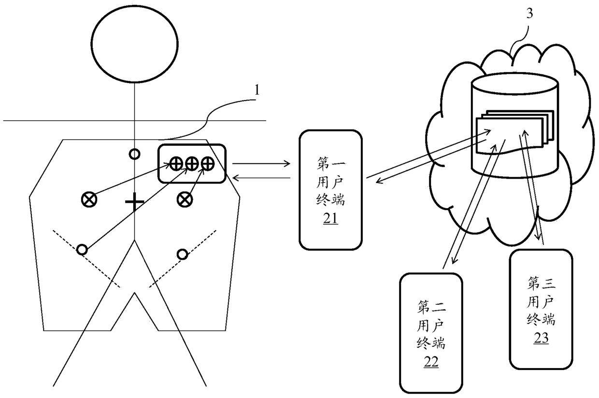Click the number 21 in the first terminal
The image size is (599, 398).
(x=330, y=219)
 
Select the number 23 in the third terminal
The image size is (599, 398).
(x=541, y=338)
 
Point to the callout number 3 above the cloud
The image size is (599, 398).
(x=529, y=14)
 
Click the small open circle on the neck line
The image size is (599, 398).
(x=135, y=154)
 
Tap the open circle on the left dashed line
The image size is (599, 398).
(x=82, y=249)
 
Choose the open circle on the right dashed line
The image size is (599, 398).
(x=182, y=254)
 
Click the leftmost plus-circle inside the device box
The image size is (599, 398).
(x=176, y=164)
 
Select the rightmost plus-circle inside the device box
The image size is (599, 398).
(x=207, y=164)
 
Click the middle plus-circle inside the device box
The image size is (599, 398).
(x=192, y=164)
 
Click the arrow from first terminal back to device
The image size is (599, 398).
(x=261, y=179)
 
